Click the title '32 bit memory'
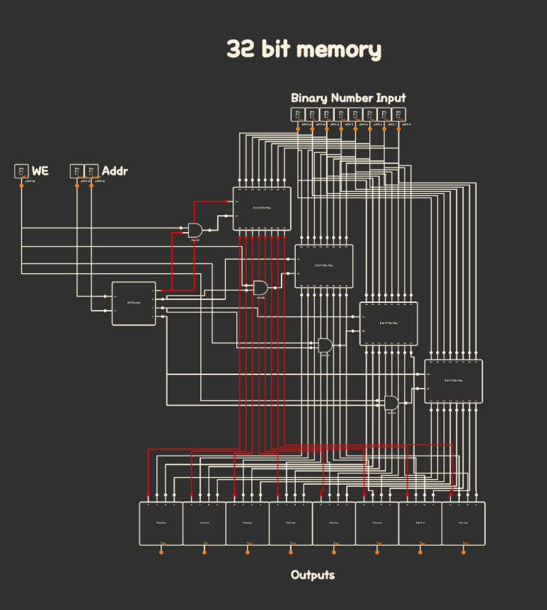[x=304, y=50]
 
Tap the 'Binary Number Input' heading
[x=348, y=98]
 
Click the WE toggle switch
[x=21, y=171]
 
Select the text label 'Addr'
[x=115, y=171]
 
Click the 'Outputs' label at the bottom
[x=312, y=575]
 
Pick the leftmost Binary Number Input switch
[x=297, y=115]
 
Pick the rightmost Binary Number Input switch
[x=399, y=115]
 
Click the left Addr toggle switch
[x=76, y=171]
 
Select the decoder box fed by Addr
[x=134, y=303]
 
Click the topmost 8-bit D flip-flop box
[x=262, y=209]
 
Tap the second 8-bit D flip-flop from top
[x=323, y=266]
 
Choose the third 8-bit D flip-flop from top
[x=388, y=323]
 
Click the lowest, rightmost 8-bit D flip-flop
[x=454, y=381]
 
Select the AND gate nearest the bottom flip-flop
[x=391, y=403]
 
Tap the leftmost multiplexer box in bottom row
[x=161, y=524]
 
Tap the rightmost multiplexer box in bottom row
[x=463, y=524]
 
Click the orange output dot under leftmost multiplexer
[x=161, y=552]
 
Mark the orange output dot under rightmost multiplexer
[x=464, y=552]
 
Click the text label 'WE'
[x=40, y=171]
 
